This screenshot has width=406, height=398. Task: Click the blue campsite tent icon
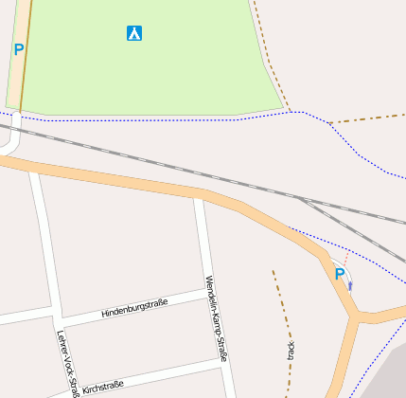pyautogui.click(x=134, y=33)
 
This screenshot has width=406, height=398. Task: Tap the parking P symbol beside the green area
pyautogui.click(x=19, y=49)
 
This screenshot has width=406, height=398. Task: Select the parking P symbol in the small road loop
pyautogui.click(x=340, y=274)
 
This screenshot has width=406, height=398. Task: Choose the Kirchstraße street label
pyautogui.click(x=103, y=386)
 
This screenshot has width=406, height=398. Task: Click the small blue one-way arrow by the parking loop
pyautogui.click(x=350, y=284)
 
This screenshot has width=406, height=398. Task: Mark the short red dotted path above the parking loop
pyautogui.click(x=345, y=258)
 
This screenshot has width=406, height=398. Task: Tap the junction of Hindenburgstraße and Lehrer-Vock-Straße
pyautogui.click(x=60, y=317)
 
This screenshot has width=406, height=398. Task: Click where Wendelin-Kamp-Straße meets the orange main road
pyautogui.click(x=196, y=193)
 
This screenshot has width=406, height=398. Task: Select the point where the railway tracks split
pyautogui.click(x=301, y=199)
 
